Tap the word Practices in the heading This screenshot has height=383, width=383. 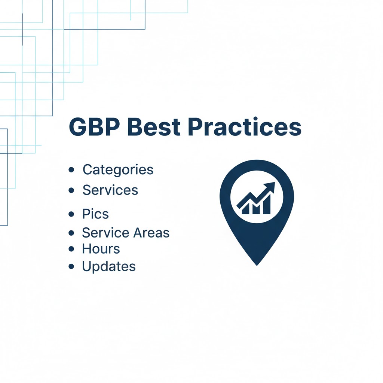click(x=245, y=127)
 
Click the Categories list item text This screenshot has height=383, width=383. click(x=118, y=169)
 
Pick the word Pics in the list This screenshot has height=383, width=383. click(x=95, y=214)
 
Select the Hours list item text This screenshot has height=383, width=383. click(x=101, y=249)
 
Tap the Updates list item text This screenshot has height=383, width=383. click(x=109, y=266)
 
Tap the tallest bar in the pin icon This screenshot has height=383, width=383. click(x=267, y=205)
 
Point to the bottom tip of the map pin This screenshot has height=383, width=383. click(x=257, y=264)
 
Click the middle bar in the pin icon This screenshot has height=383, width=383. click(x=257, y=208)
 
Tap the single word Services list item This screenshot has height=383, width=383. click(x=110, y=190)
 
